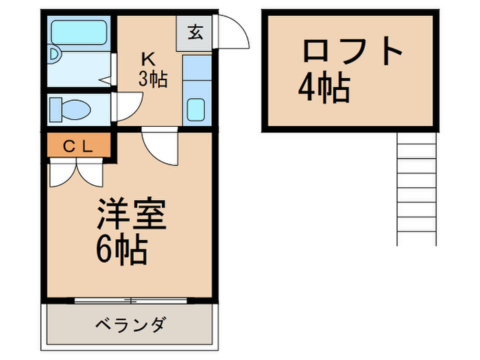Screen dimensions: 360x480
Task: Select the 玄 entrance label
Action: [194, 32]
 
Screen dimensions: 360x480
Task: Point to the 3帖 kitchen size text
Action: [153, 78]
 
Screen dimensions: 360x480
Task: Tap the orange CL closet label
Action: [78, 145]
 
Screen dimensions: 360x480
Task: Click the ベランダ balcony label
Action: [130, 324]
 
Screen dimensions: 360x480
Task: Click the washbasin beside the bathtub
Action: [54, 57]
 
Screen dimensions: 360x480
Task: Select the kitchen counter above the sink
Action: [197, 72]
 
